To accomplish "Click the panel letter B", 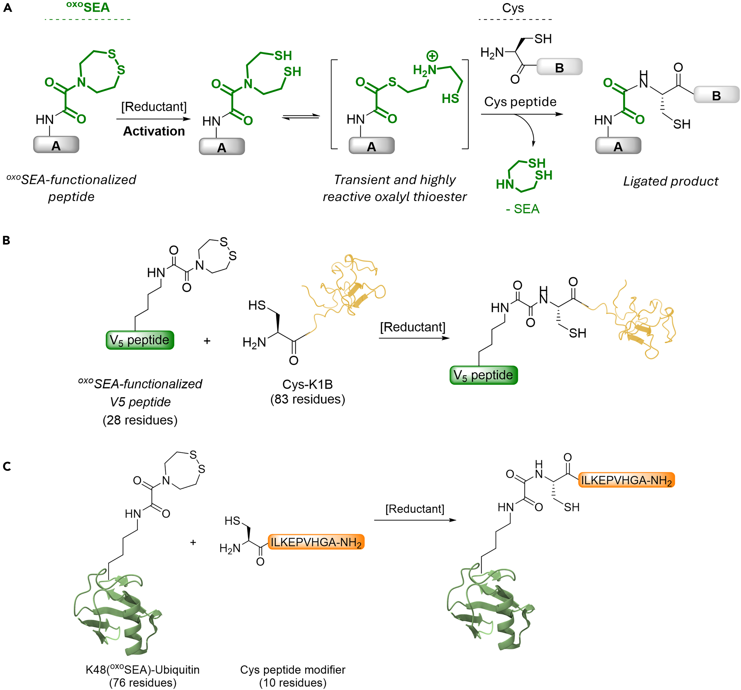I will [6, 240].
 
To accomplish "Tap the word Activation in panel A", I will [154, 131].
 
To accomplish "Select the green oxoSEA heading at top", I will [88, 7].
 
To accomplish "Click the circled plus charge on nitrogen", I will [432, 56].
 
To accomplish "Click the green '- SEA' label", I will [522, 209].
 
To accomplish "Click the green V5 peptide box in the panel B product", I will [483, 375].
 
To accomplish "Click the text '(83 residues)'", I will [308, 399].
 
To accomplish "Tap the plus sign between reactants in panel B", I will [207, 341].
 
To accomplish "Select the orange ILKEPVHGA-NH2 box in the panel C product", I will [626, 480].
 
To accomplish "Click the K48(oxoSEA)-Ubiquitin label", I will [142, 670].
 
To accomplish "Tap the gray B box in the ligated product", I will [716, 95].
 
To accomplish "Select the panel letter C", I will [7, 466].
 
